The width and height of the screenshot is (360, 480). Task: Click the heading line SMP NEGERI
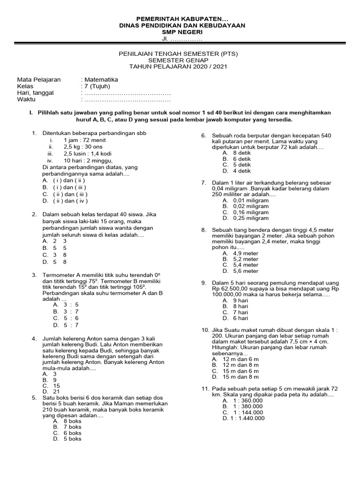point(180,31)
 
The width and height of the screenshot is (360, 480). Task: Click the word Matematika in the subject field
point(101,80)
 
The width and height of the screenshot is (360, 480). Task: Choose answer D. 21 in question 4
point(49,391)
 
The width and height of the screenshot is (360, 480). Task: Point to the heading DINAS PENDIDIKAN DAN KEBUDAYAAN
point(180,25)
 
